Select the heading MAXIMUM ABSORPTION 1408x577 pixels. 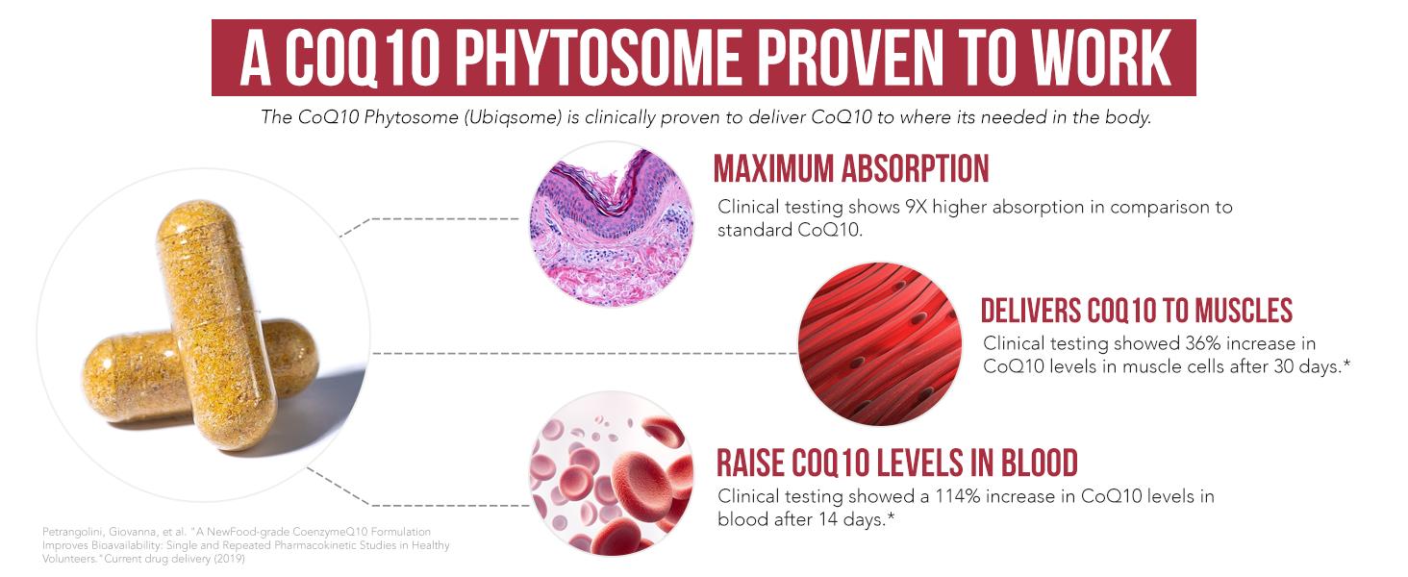point(851,168)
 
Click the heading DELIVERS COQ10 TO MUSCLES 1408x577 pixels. point(1137,311)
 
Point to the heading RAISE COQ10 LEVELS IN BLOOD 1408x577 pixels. point(897,464)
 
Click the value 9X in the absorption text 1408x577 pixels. point(916,207)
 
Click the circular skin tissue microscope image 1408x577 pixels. point(611,224)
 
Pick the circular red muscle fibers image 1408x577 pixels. point(880,344)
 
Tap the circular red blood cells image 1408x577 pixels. point(611,473)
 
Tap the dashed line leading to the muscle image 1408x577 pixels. point(585,353)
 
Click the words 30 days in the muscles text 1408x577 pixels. point(1305,365)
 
